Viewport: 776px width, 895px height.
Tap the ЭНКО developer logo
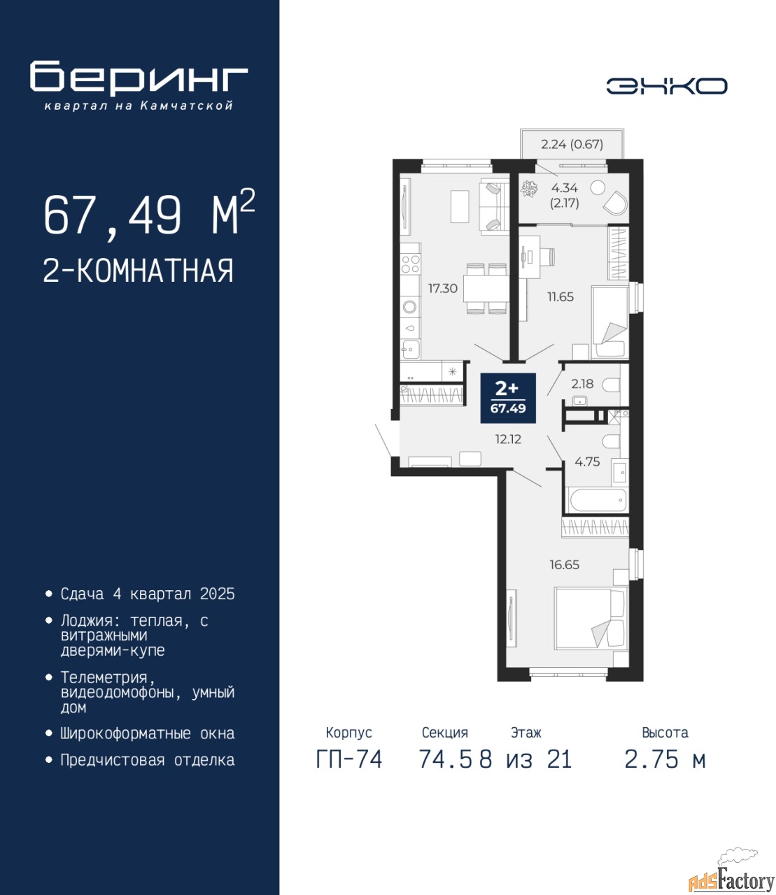point(667,86)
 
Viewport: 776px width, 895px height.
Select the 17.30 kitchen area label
point(443,288)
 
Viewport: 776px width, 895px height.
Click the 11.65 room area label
point(560,297)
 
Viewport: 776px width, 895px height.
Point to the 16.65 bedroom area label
point(564,565)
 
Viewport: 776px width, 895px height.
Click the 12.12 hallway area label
point(508,440)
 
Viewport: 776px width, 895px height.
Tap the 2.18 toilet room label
point(582,384)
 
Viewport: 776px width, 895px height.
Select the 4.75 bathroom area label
point(587,461)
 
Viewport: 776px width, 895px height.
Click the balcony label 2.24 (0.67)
point(572,144)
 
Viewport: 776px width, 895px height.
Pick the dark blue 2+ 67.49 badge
point(508,398)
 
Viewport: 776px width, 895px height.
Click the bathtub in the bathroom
point(598,501)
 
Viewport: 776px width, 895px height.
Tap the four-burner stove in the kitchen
point(410,264)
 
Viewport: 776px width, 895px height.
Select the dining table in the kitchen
point(486,289)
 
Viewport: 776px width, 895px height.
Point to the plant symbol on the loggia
point(529,189)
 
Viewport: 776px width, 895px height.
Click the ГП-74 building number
point(349,759)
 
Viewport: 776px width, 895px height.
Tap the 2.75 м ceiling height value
point(665,759)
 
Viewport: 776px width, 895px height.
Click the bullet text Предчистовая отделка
point(148,760)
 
